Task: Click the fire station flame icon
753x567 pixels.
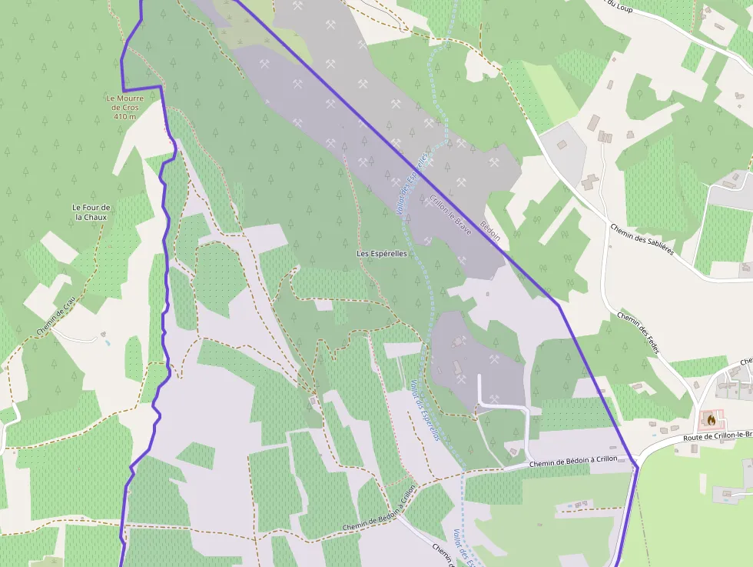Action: pyautogui.click(x=712, y=420)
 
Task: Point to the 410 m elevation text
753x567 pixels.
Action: pyautogui.click(x=124, y=117)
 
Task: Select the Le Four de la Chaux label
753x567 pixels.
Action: pyautogui.click(x=91, y=212)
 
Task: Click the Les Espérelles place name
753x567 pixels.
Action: pyautogui.click(x=382, y=253)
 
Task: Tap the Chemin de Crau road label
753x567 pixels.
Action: pyautogui.click(x=55, y=315)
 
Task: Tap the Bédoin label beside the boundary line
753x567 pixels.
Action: pyautogui.click(x=490, y=231)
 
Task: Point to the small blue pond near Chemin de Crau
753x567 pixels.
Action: pyautogui.click(x=104, y=339)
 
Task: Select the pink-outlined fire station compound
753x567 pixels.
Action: pyautogui.click(x=712, y=421)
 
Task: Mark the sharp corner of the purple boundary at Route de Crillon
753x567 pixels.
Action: pyautogui.click(x=637, y=466)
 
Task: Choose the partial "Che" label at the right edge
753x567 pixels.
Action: pyautogui.click(x=745, y=361)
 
